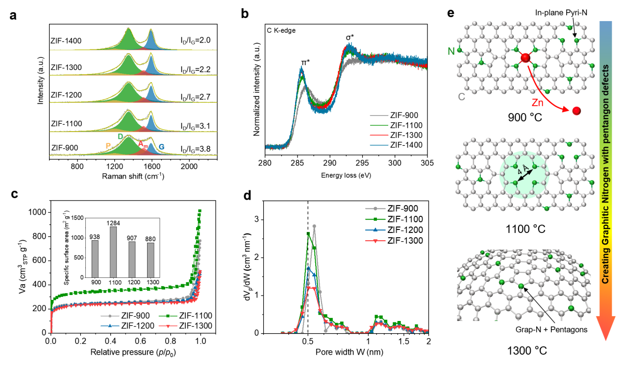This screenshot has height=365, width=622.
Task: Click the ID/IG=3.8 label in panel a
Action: [196, 148]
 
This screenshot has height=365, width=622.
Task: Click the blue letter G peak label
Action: [161, 146]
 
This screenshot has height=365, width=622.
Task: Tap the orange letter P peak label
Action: [108, 146]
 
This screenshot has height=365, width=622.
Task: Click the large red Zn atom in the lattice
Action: [524, 58]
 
